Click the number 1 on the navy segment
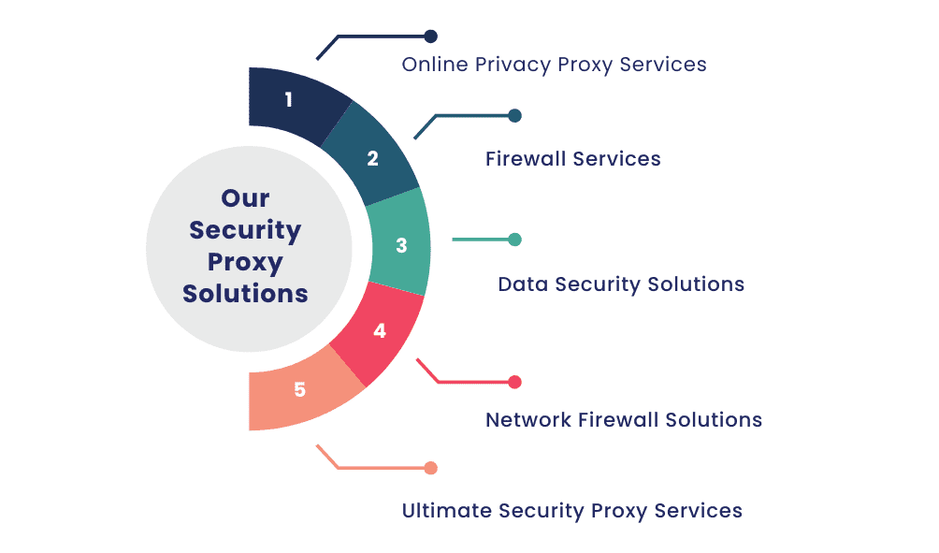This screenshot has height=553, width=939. tap(288, 99)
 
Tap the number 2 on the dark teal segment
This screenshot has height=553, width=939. tap(372, 158)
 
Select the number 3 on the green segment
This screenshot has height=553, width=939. tap(401, 246)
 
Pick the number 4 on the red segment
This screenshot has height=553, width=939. tap(379, 331)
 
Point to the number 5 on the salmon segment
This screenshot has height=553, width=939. tap(299, 389)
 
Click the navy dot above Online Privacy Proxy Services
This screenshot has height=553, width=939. tap(430, 36)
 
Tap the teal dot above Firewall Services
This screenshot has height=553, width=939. tap(514, 116)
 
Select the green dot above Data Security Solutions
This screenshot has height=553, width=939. tap(514, 240)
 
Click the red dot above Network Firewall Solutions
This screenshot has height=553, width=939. tap(514, 382)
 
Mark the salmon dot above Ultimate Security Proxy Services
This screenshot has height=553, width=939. tap(430, 468)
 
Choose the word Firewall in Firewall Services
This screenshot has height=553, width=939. tap(525, 159)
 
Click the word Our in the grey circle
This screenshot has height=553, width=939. tap(245, 198)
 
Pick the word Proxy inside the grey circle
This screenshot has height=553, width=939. tap(245, 262)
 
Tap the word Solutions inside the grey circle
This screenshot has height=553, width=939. tap(245, 293)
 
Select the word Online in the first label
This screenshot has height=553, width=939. tap(435, 65)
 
